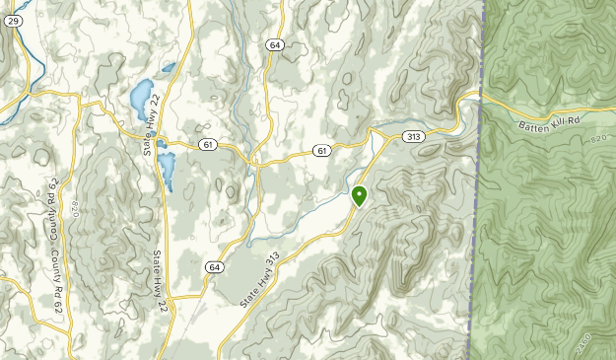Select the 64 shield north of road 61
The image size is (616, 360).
[x=274, y=44]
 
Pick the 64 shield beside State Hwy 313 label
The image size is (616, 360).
[x=214, y=266]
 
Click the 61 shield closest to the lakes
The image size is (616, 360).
[x=206, y=145]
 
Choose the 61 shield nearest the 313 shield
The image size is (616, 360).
[x=322, y=150]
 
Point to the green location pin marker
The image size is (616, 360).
[x=360, y=194]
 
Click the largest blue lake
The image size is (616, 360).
[x=140, y=96]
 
